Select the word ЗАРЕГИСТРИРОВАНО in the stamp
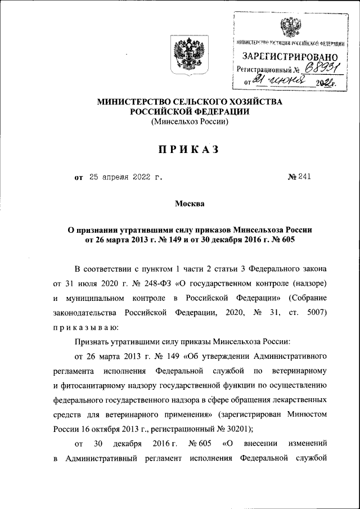pos(290,57)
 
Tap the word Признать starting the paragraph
pos(93,343)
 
